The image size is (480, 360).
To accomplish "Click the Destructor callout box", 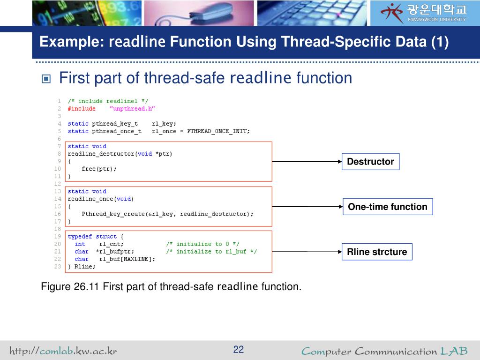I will point(370,162).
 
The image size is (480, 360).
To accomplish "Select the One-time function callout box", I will point(387,207).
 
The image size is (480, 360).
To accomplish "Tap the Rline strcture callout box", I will point(377,252).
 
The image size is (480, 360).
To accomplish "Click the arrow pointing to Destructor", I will point(307,162).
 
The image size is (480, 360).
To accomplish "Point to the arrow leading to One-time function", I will point(307,206).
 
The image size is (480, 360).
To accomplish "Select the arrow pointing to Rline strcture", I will point(307,252).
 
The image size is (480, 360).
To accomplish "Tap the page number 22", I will point(239,350).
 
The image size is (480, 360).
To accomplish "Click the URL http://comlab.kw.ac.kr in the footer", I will point(63,351).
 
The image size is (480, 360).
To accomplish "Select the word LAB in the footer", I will point(454,351).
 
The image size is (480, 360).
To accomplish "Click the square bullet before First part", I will point(46,78).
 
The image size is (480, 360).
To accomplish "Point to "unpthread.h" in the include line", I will point(132,109).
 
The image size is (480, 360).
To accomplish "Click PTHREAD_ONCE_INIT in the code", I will point(218,131).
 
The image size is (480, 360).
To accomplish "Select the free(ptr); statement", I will point(99,169).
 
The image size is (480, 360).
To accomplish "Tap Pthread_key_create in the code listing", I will point(105,214).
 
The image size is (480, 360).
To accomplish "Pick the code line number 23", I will point(58,266).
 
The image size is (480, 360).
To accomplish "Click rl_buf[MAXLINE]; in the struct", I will point(127,259).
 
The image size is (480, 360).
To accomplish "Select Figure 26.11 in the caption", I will point(70,286).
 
